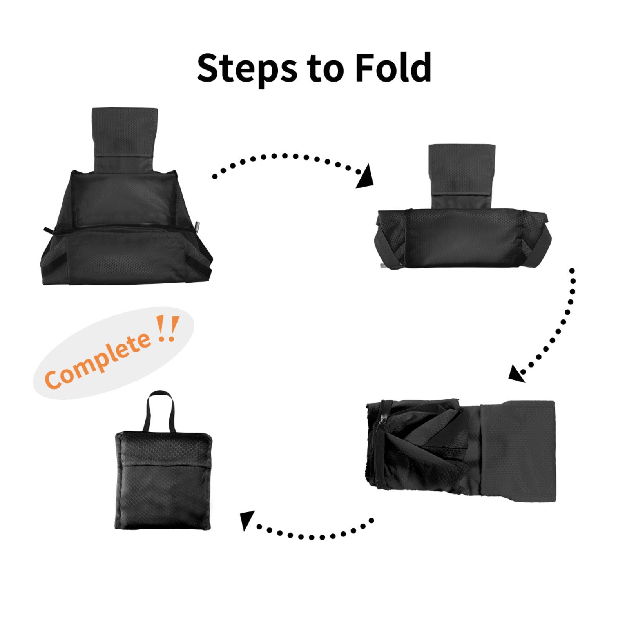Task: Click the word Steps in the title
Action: click(247, 68)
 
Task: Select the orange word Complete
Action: click(97, 361)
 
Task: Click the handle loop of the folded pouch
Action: click(160, 411)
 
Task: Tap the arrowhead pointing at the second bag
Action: click(365, 177)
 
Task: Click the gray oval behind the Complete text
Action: click(114, 353)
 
